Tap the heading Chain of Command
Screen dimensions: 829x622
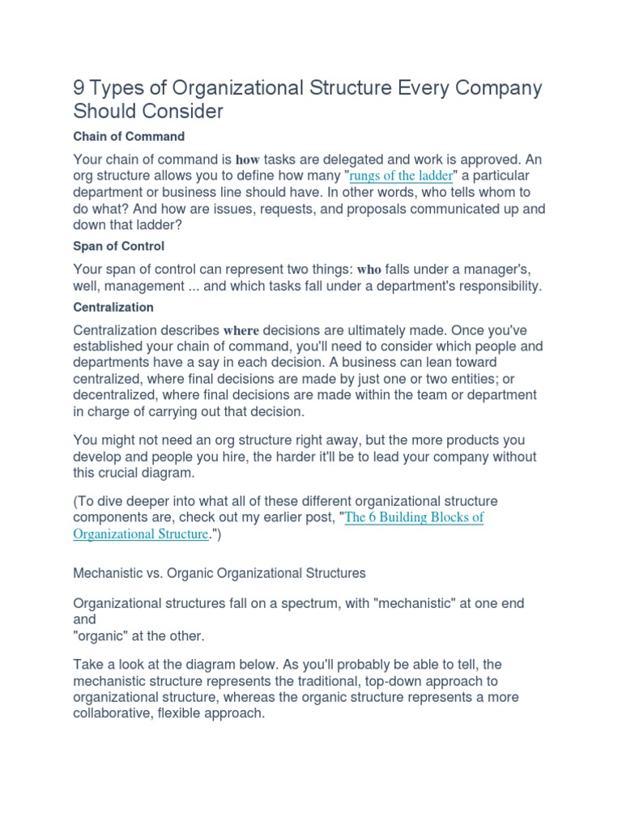(129, 136)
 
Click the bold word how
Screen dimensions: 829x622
(247, 160)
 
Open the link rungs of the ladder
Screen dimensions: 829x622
(401, 176)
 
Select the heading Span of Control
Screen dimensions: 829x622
(118, 245)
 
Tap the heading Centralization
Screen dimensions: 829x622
(113, 308)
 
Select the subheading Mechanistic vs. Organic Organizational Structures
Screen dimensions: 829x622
(219, 573)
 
